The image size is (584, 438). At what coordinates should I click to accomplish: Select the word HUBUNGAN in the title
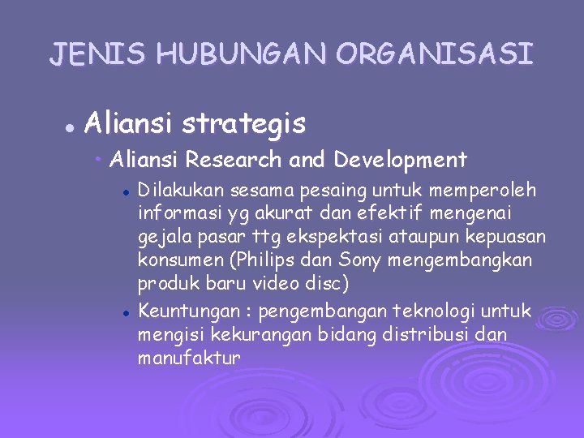point(243,54)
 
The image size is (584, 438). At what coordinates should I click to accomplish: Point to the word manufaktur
point(189,357)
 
